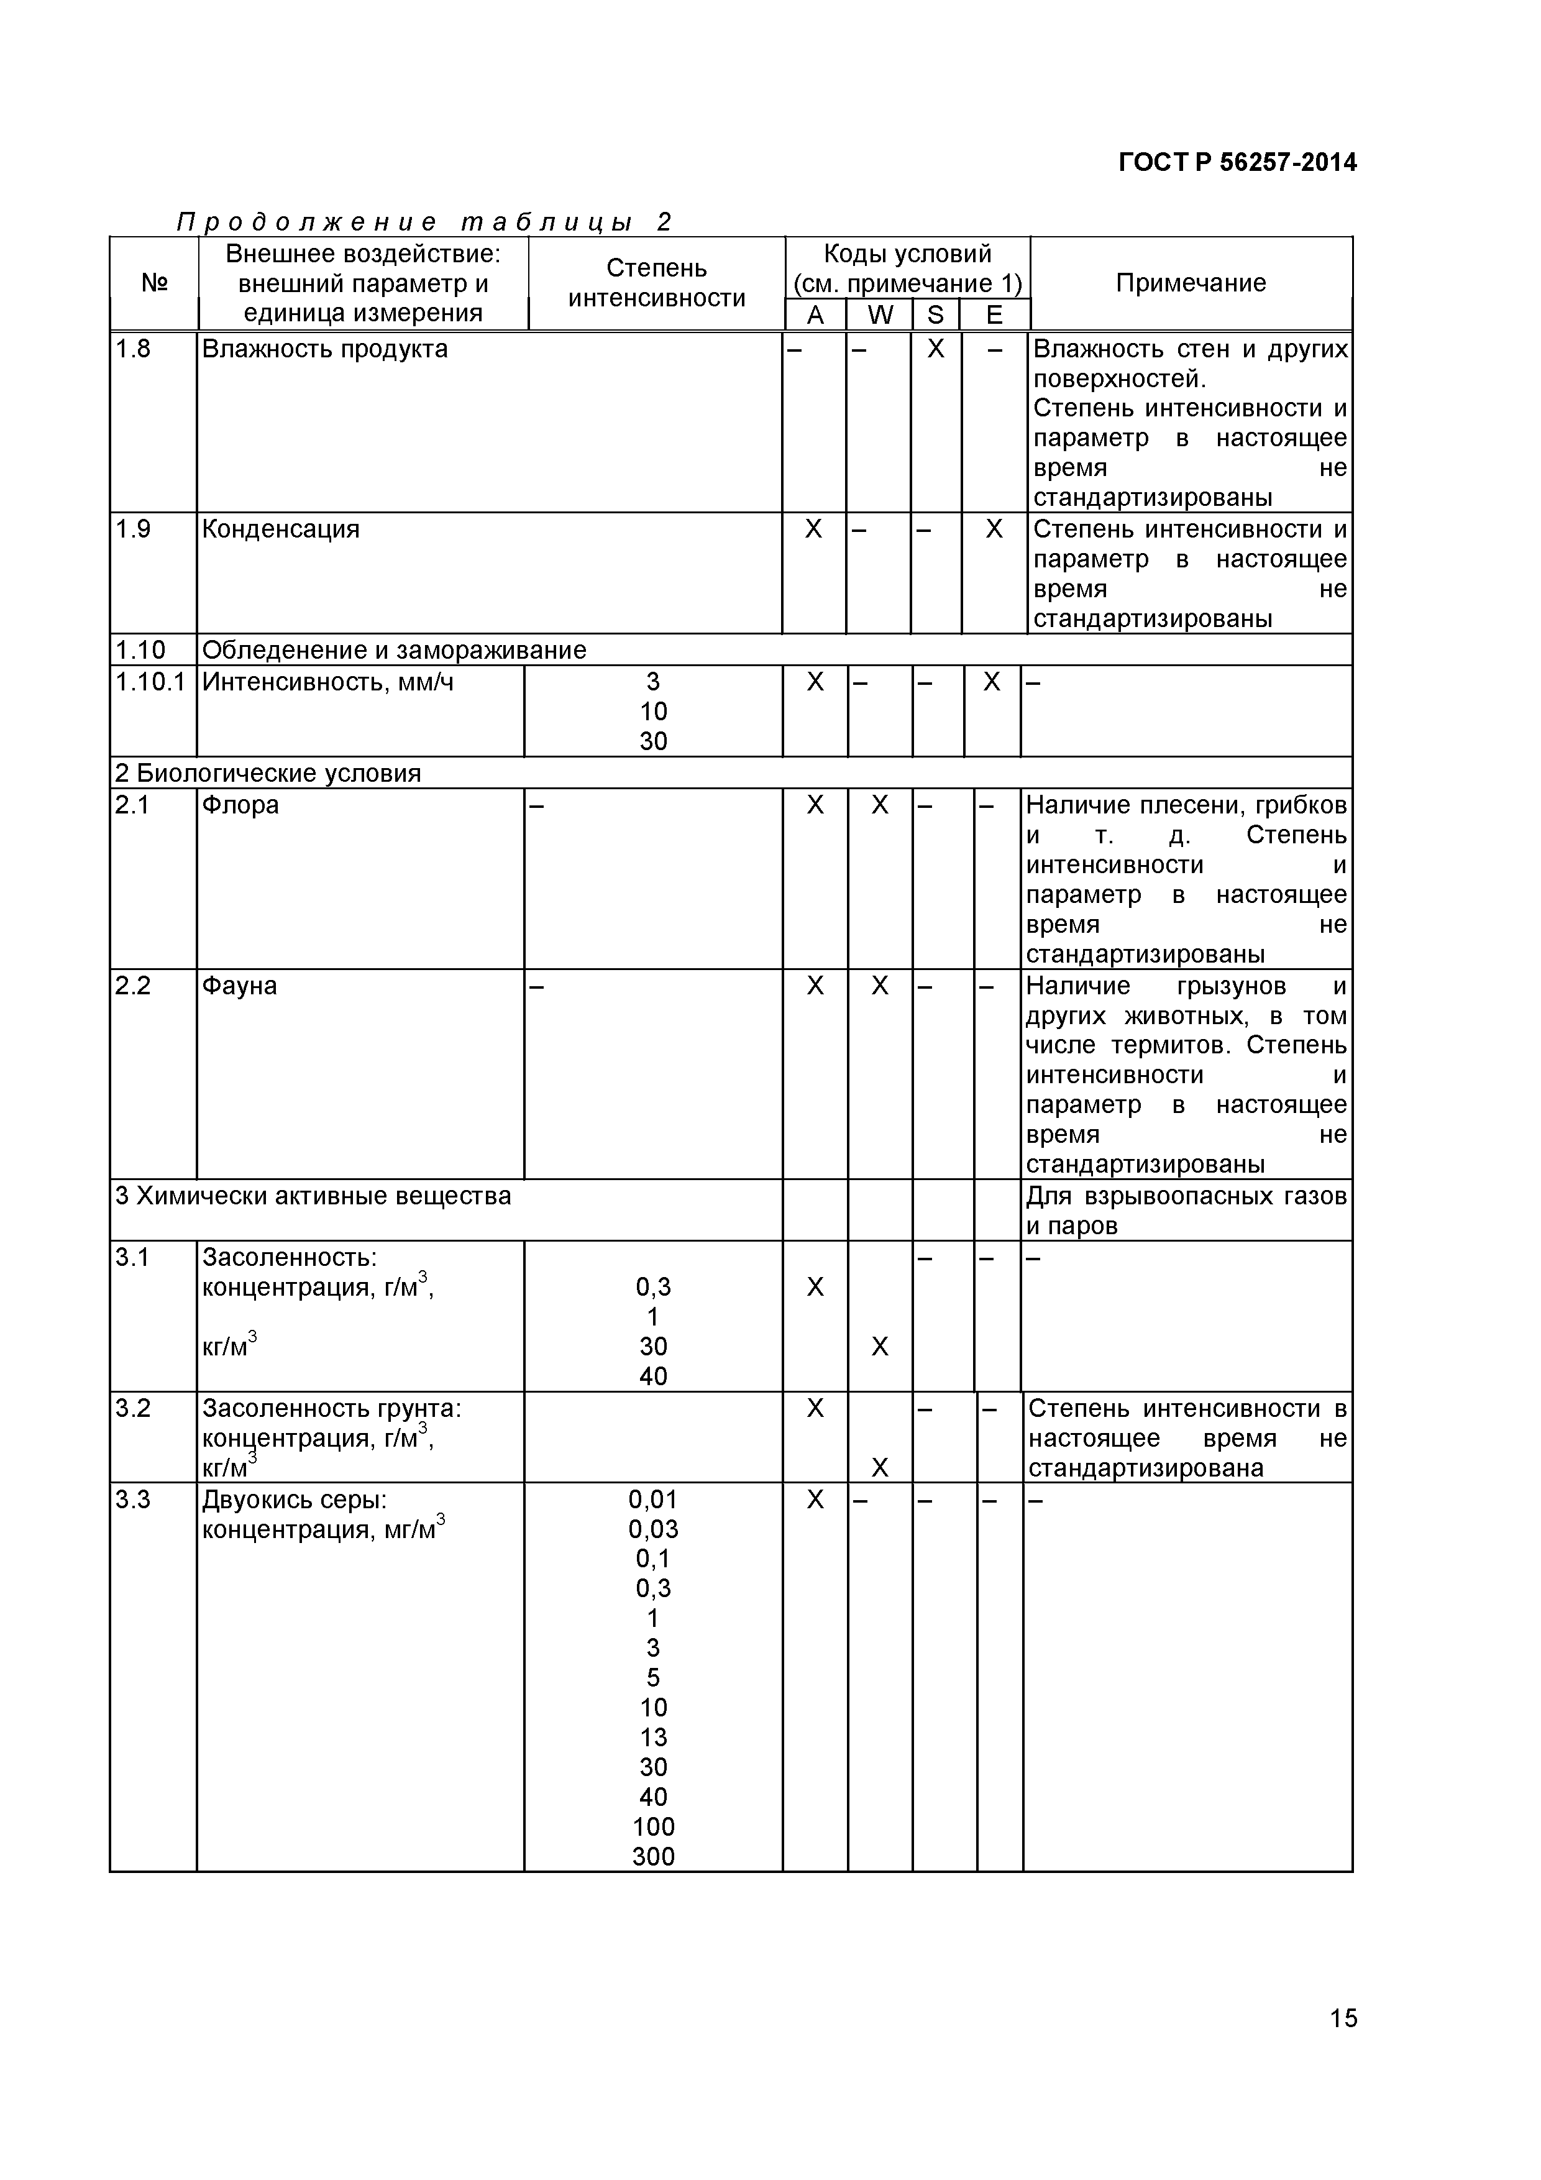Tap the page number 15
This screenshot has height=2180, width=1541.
tap(1343, 2045)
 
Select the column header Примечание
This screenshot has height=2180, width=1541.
tap(1191, 283)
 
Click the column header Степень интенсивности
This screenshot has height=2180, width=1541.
tap(656, 283)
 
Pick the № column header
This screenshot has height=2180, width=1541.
tap(154, 283)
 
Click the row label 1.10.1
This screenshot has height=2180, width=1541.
tap(150, 682)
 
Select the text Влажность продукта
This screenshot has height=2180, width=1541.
tap(325, 349)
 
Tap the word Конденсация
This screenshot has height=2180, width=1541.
tap(281, 529)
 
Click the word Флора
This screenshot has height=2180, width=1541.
tap(240, 805)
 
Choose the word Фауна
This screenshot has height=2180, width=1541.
tap(239, 986)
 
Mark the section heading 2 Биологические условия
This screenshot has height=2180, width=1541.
tap(268, 773)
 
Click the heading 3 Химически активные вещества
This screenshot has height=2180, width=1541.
tap(313, 1196)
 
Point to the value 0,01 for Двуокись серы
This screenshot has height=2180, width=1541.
tap(653, 1500)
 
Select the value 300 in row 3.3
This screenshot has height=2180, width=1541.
tap(653, 1856)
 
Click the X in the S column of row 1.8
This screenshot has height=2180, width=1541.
tap(936, 349)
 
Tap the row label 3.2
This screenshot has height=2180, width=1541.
tap(133, 1408)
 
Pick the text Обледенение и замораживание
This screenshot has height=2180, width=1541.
tap(394, 651)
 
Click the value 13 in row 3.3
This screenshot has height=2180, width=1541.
tap(653, 1736)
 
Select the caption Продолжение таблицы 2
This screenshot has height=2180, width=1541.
tap(424, 222)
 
